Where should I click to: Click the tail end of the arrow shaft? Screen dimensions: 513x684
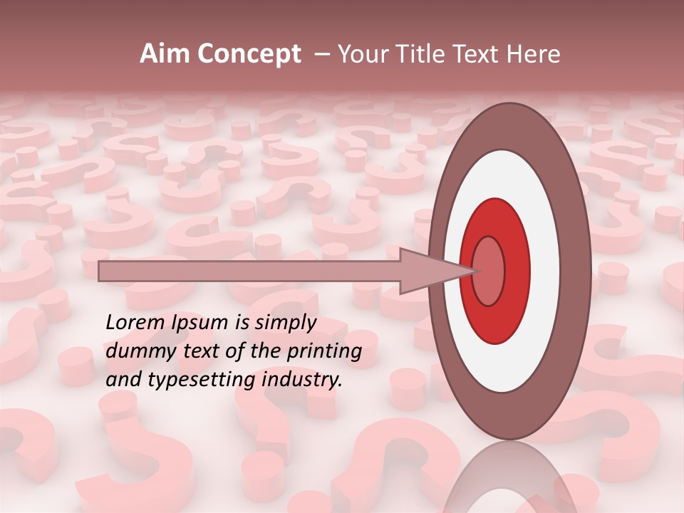click(x=100, y=271)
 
